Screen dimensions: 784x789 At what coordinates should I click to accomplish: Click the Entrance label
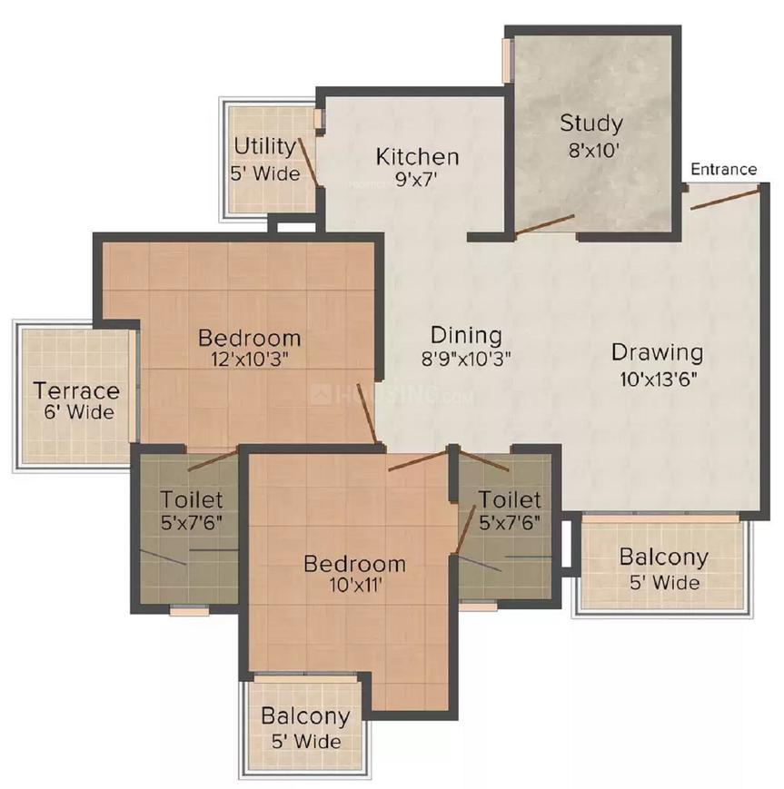pyautogui.click(x=723, y=170)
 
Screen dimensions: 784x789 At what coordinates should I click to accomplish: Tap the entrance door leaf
pyautogui.click(x=724, y=199)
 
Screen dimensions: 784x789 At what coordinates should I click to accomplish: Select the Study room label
pyautogui.click(x=591, y=123)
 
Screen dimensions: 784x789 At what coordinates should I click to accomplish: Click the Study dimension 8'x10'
pyautogui.click(x=593, y=150)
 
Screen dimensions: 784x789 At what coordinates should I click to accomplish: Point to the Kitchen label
pyautogui.click(x=417, y=157)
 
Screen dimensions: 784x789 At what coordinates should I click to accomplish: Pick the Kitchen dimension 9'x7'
pyautogui.click(x=415, y=179)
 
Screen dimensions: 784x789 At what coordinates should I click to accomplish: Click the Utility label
pyautogui.click(x=265, y=147)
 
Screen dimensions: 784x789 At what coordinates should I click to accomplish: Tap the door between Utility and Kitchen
pyautogui.click(x=308, y=162)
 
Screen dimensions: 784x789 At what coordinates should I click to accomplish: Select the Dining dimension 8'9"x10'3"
pyautogui.click(x=466, y=359)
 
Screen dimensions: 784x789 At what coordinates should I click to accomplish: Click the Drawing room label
pyautogui.click(x=657, y=352)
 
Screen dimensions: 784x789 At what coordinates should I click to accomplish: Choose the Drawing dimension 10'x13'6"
pyautogui.click(x=658, y=379)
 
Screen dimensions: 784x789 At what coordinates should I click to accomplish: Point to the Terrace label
pyautogui.click(x=76, y=391)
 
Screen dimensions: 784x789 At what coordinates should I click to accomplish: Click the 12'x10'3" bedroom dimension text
pyautogui.click(x=250, y=360)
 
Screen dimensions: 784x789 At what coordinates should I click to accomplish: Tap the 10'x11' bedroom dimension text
pyautogui.click(x=356, y=586)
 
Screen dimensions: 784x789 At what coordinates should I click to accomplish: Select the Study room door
pyautogui.click(x=545, y=224)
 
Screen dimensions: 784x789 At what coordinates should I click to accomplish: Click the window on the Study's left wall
pyautogui.click(x=507, y=60)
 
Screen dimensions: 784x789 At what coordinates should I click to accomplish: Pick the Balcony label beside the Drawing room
pyautogui.click(x=664, y=557)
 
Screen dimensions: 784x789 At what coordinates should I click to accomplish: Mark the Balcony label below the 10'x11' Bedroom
pyautogui.click(x=305, y=716)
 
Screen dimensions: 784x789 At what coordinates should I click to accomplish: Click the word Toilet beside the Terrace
pyautogui.click(x=192, y=499)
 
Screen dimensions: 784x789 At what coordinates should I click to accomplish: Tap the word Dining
pyautogui.click(x=466, y=335)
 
